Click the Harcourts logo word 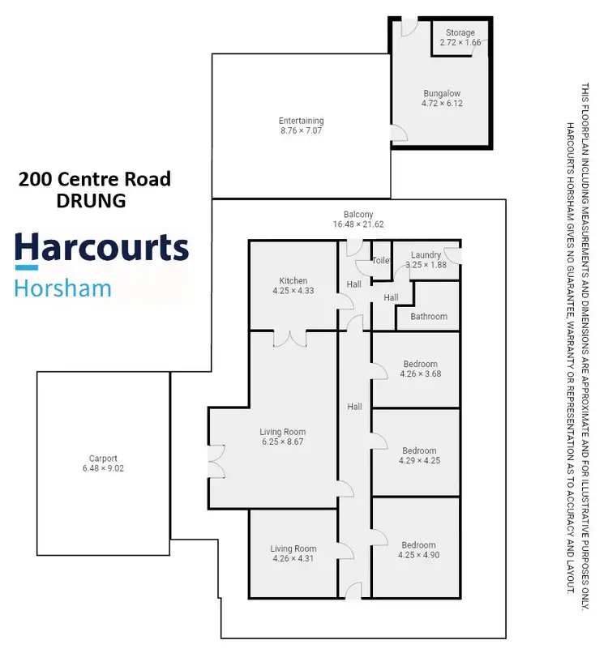(101, 247)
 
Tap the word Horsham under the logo (63, 288)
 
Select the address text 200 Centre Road (95, 179)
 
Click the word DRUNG (91, 200)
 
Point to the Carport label (103, 458)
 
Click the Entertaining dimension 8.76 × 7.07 (301, 130)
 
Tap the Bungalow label (441, 93)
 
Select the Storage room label (460, 33)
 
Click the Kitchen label (293, 281)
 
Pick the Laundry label (426, 254)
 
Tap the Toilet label (380, 261)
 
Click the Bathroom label (428, 317)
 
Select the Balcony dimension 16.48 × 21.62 (358, 224)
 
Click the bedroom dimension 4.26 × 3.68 (419, 374)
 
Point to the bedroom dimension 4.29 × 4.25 (419, 461)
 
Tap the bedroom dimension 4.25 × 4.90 (418, 555)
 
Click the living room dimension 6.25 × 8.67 (282, 442)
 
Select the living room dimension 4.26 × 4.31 (293, 559)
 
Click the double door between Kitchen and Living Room (289, 339)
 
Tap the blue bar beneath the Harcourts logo (27, 267)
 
